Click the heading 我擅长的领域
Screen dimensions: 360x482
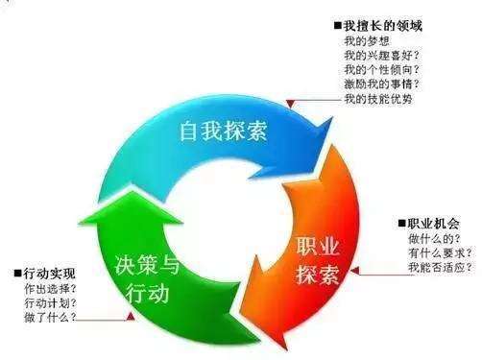point(384,25)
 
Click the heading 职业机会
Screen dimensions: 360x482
point(433,225)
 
